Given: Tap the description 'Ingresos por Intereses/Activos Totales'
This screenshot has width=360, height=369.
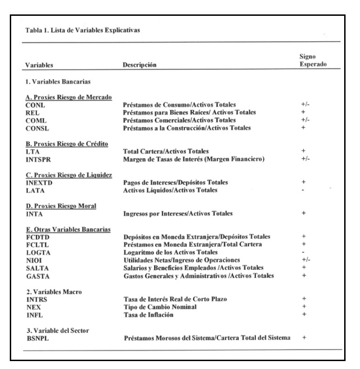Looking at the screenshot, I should [x=179, y=215].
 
